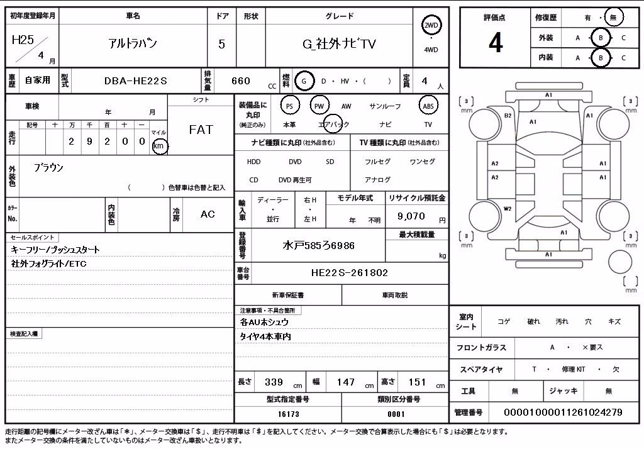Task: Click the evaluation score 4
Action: point(496,42)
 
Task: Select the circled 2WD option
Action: point(431,26)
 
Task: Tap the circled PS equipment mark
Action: point(289,106)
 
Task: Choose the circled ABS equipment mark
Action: point(428,106)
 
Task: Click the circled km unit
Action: point(159,146)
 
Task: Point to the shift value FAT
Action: point(201,130)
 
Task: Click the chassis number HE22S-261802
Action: point(350,273)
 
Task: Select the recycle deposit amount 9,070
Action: point(411,216)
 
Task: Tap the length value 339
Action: point(274,382)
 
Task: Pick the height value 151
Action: point(417,382)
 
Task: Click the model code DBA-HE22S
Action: point(136,81)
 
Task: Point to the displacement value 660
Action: point(241,81)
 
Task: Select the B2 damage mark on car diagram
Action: point(508,116)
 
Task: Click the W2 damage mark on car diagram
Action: point(508,209)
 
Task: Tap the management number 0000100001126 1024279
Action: point(563,413)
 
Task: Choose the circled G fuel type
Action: point(304,81)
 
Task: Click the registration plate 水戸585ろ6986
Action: point(318,246)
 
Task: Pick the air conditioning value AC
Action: point(208,214)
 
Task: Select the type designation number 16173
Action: point(288,414)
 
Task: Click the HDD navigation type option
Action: point(254,162)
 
